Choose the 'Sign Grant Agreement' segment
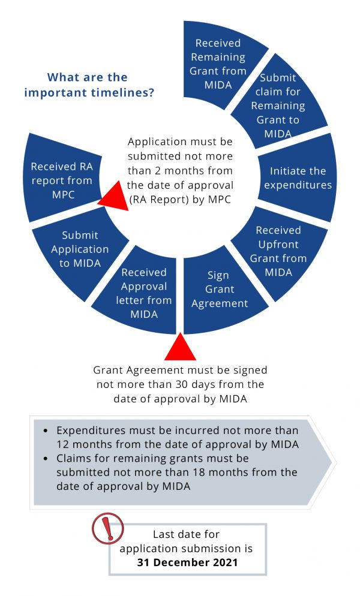point(219,289)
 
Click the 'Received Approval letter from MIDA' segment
point(143,293)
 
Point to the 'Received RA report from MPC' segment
point(61,180)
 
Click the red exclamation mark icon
point(107,528)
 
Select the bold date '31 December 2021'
point(187,562)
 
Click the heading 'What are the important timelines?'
point(87,85)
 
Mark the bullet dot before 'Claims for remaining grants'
point(46,459)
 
